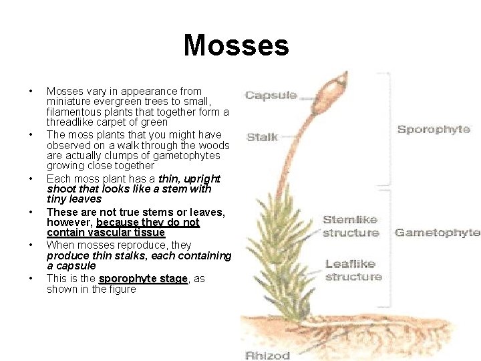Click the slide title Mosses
click(236, 45)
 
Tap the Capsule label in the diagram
click(271, 95)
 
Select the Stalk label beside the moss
click(263, 137)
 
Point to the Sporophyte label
click(434, 129)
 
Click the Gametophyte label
click(438, 233)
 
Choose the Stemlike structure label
click(350, 226)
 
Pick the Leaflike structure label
click(353, 270)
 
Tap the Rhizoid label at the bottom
click(269, 355)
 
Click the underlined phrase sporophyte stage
click(143, 279)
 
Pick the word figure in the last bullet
click(121, 289)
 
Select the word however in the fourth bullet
click(69, 222)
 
